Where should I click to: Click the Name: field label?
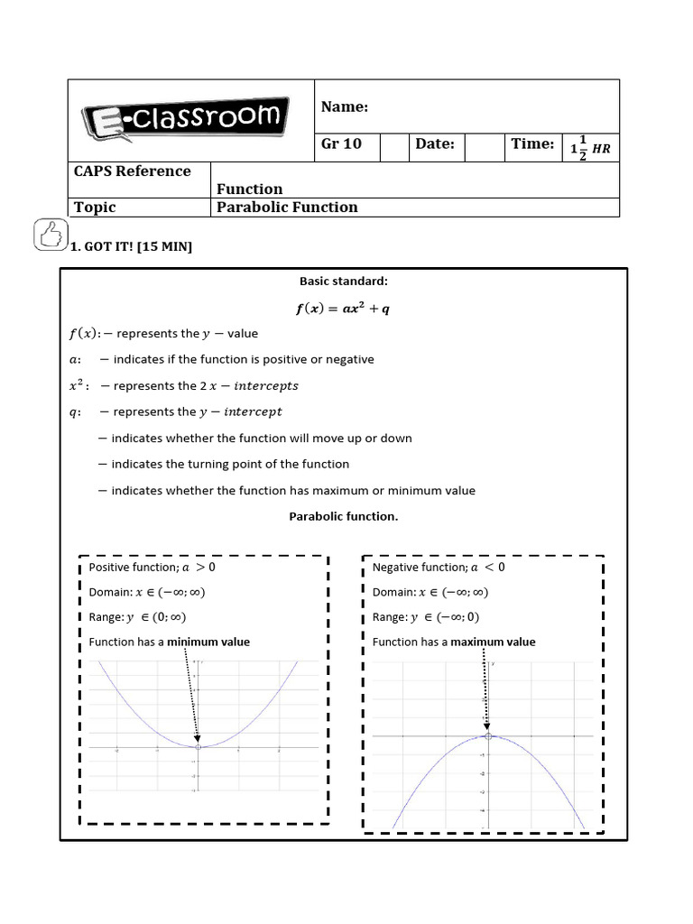(345, 107)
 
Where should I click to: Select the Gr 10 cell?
(341, 144)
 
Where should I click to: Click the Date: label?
(434, 144)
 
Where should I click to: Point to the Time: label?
(532, 144)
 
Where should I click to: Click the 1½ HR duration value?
(590, 147)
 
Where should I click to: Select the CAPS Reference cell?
(132, 171)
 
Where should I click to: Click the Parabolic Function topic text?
(287, 208)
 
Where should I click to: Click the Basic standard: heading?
(343, 281)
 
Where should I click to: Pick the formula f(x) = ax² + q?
(343, 309)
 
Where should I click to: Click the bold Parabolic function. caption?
(343, 517)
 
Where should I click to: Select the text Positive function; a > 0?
(152, 568)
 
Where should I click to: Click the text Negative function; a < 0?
(439, 568)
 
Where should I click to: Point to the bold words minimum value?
(208, 642)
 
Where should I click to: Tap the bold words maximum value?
(493, 642)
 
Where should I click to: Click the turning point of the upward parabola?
(198, 746)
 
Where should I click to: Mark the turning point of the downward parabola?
(488, 736)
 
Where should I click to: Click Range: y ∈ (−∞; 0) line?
(426, 617)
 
